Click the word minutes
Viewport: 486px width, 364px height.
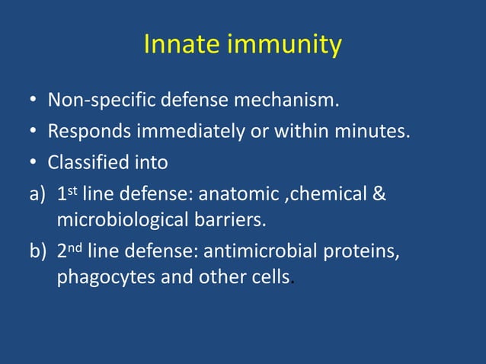coord(371,132)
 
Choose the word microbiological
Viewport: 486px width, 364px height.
coord(122,220)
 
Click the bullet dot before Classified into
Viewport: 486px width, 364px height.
coord(34,164)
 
